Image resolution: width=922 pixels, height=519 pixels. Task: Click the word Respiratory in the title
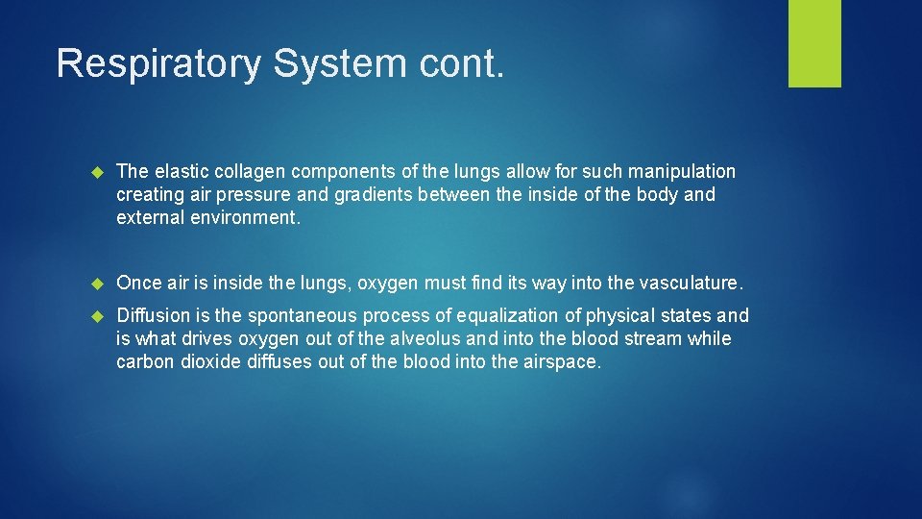(x=158, y=63)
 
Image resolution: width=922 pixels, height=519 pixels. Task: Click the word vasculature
(x=690, y=284)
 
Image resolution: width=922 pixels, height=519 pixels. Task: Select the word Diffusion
(x=151, y=316)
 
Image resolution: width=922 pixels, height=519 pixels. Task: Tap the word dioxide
(x=212, y=362)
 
